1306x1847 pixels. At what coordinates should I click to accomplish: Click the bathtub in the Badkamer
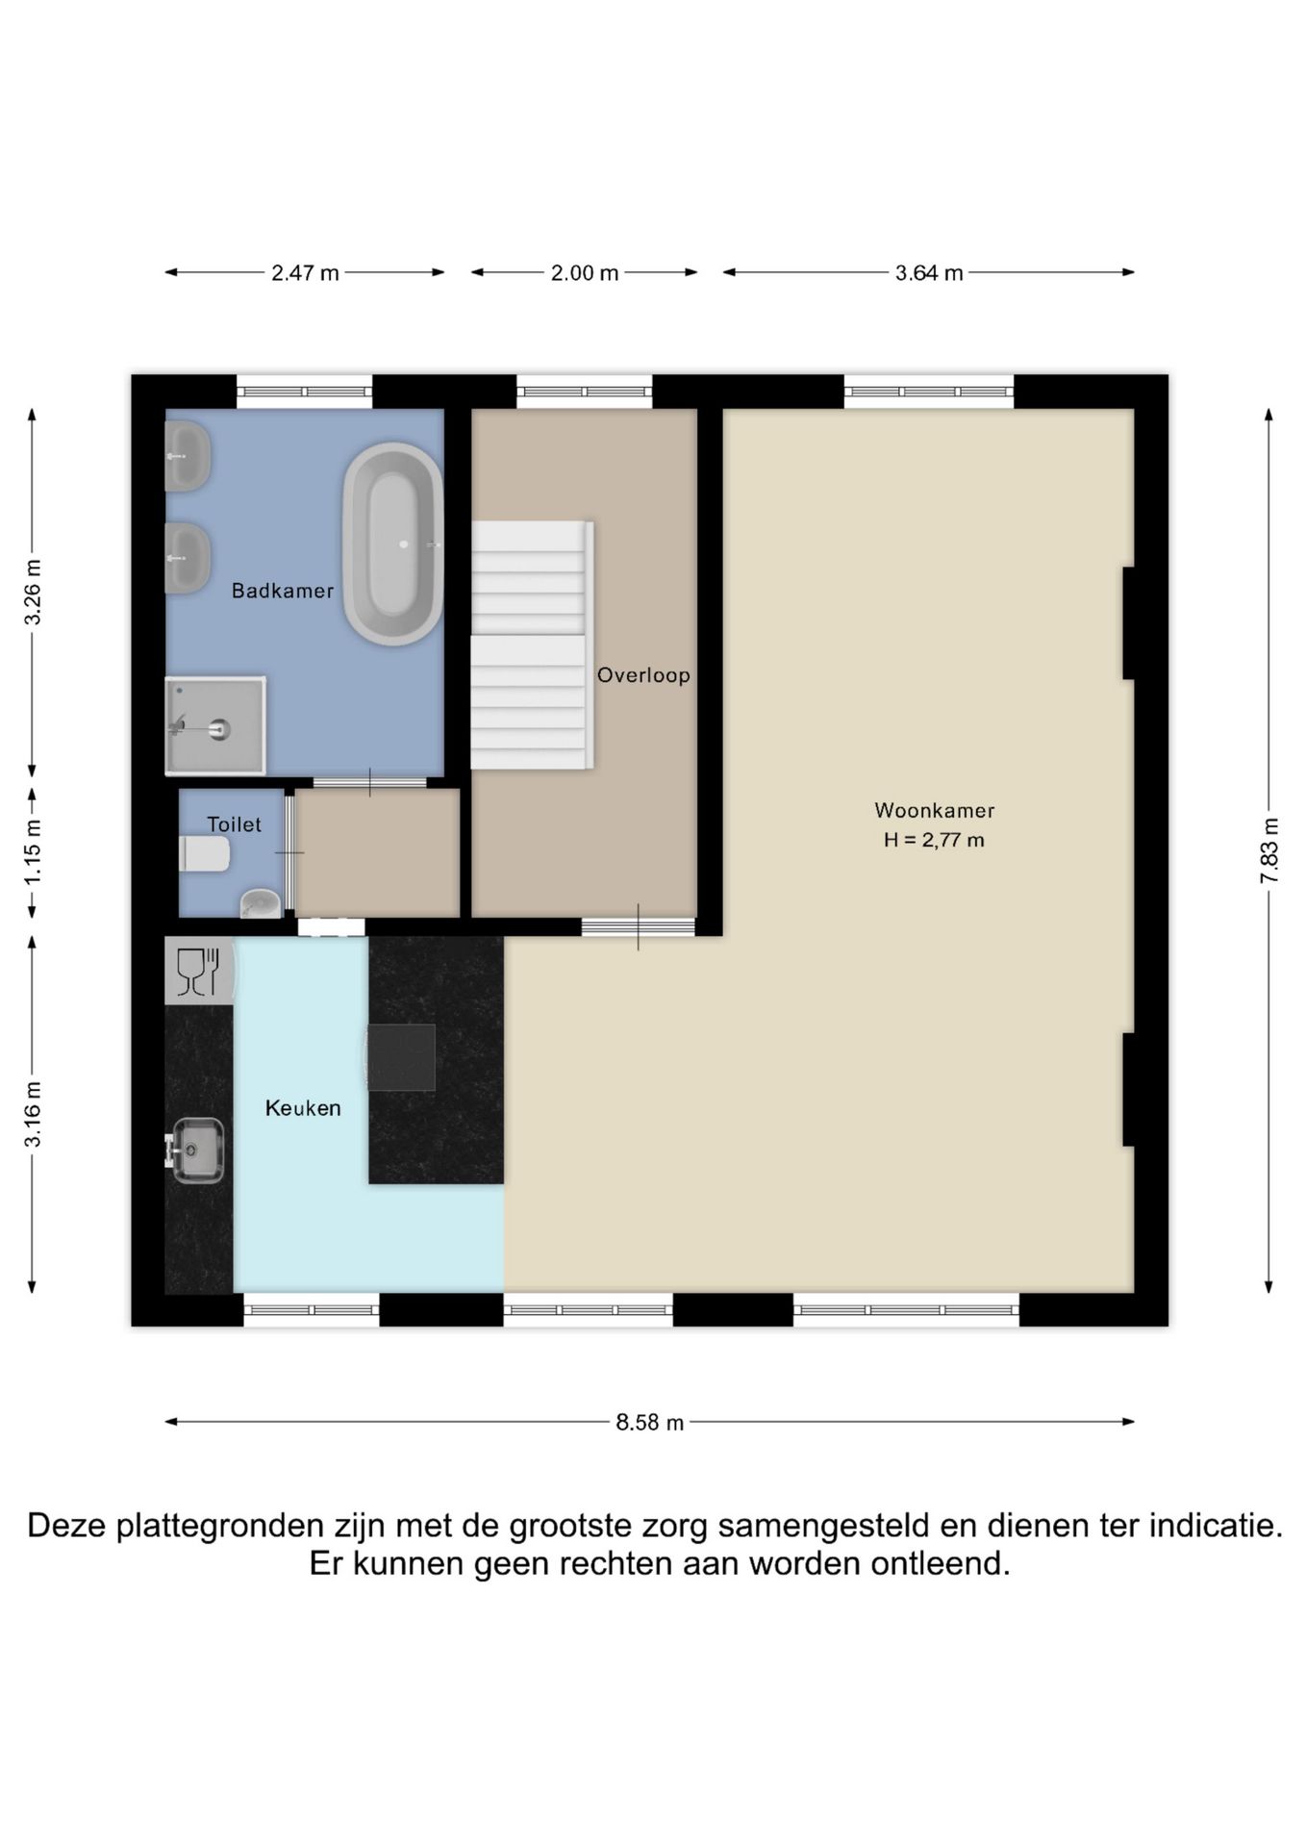click(392, 544)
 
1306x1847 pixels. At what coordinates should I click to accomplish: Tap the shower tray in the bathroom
click(215, 726)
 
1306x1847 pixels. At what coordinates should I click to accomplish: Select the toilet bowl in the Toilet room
click(205, 853)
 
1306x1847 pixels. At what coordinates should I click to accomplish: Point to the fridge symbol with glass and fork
click(199, 972)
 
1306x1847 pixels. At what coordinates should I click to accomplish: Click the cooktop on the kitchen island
click(401, 1057)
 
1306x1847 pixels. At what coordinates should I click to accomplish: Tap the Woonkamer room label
click(934, 810)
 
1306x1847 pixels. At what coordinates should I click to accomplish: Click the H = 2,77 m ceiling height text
click(934, 840)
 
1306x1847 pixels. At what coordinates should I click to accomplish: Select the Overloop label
click(643, 675)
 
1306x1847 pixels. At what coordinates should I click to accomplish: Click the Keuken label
click(303, 1108)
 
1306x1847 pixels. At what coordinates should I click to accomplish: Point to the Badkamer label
click(283, 591)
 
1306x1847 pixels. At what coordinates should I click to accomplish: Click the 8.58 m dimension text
click(650, 1423)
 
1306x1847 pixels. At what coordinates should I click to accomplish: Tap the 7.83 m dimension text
click(1269, 850)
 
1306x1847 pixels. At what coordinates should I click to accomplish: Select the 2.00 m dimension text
click(585, 273)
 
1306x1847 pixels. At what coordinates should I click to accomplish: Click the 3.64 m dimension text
click(929, 273)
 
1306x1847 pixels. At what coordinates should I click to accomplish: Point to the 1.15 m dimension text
click(33, 852)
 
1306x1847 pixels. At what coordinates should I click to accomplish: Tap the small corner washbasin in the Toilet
click(260, 903)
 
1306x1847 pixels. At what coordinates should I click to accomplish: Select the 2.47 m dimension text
click(305, 273)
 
